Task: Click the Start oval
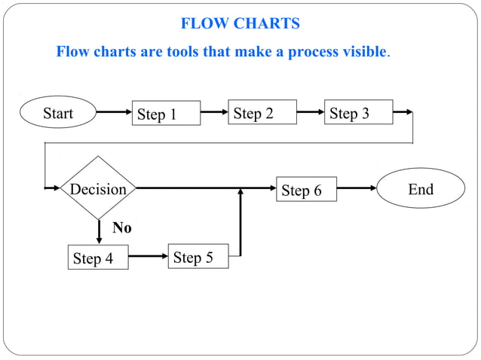click(58, 113)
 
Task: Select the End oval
click(421, 188)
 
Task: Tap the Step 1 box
click(167, 113)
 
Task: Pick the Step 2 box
click(262, 112)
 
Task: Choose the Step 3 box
click(358, 112)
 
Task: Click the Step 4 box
click(97, 258)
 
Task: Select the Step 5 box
click(198, 257)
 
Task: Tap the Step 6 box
click(306, 190)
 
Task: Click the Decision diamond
click(98, 188)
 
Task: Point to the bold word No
click(121, 227)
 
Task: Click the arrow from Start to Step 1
click(114, 112)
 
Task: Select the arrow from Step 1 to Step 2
click(214, 112)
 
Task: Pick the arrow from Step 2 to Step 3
click(310, 112)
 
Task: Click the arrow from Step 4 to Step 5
click(148, 256)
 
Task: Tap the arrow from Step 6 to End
click(357, 188)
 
